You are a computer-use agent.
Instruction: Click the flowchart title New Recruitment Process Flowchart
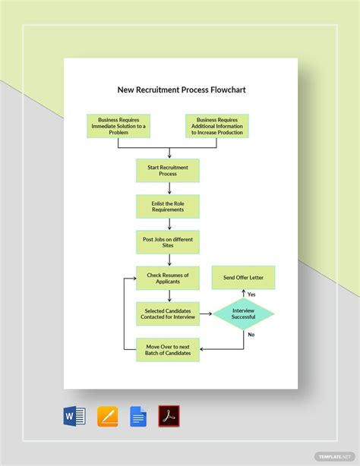(181, 90)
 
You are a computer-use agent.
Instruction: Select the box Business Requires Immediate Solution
(118, 126)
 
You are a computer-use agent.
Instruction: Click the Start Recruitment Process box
(168, 170)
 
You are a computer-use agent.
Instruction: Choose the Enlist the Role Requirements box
(168, 206)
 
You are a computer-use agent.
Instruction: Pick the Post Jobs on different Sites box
(168, 242)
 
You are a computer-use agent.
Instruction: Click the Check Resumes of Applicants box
(168, 278)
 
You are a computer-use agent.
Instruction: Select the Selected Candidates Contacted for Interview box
(168, 313)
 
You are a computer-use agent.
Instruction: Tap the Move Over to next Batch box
(168, 350)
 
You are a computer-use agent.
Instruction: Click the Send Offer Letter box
(243, 278)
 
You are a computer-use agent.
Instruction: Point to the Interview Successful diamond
(243, 314)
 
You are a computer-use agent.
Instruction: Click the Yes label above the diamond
(251, 294)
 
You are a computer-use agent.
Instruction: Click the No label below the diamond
(251, 335)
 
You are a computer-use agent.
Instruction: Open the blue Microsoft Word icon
(74, 416)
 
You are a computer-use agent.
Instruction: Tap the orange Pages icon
(108, 416)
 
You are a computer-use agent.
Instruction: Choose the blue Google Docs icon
(138, 416)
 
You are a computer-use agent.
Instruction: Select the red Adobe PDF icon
(169, 416)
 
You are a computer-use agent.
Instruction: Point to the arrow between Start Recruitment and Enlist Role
(168, 188)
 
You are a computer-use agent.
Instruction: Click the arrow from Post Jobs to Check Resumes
(168, 260)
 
